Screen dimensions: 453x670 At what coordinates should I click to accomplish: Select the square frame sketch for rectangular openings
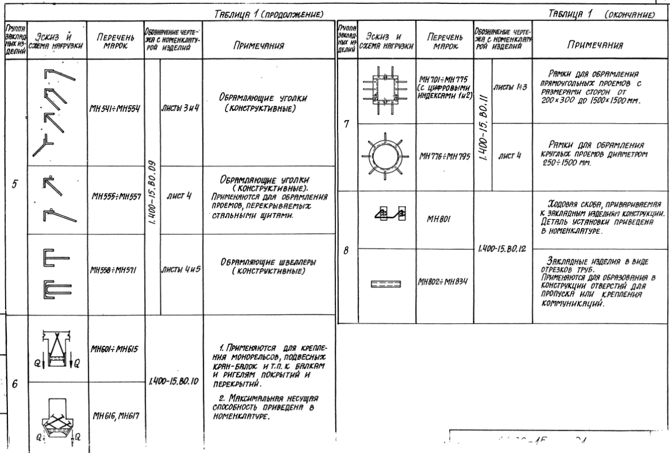383,90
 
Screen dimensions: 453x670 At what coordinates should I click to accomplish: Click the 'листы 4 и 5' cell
181,270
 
